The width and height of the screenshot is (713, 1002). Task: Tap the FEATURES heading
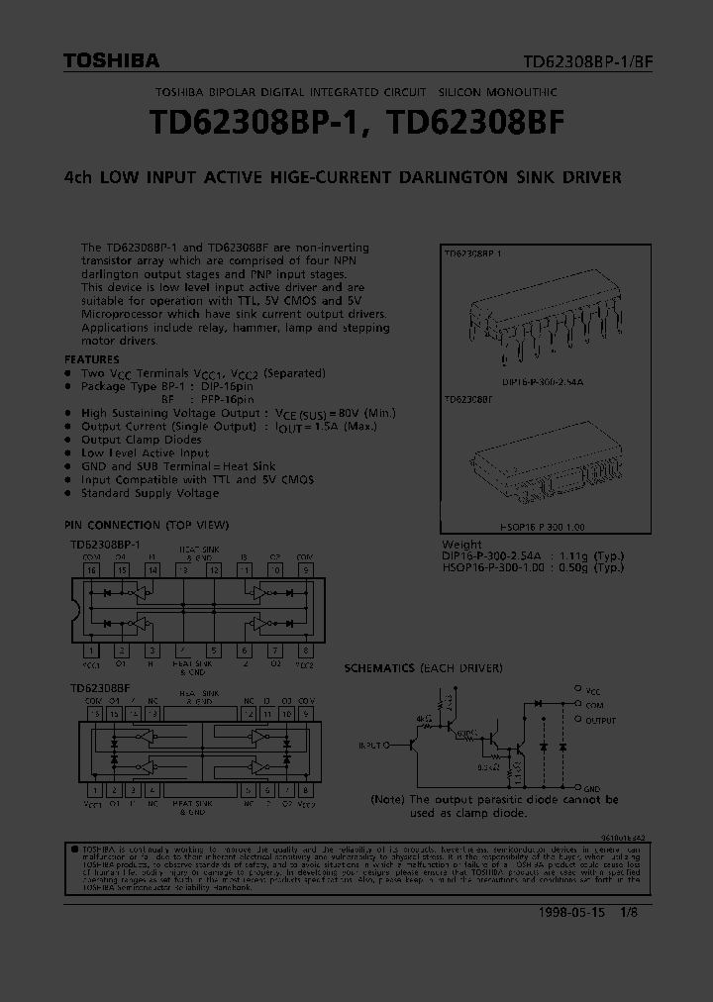tap(91, 359)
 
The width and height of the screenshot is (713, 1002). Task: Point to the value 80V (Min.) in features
tap(357, 413)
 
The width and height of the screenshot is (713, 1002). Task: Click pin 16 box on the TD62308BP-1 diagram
tap(91, 570)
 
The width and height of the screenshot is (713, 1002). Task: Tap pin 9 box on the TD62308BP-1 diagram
tap(306, 570)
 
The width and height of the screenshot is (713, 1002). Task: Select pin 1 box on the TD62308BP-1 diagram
tap(91, 651)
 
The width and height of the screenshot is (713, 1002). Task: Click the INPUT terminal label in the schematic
tap(372, 744)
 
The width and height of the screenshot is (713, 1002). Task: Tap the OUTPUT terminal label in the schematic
tap(600, 721)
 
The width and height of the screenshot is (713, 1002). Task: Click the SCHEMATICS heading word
tap(379, 668)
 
